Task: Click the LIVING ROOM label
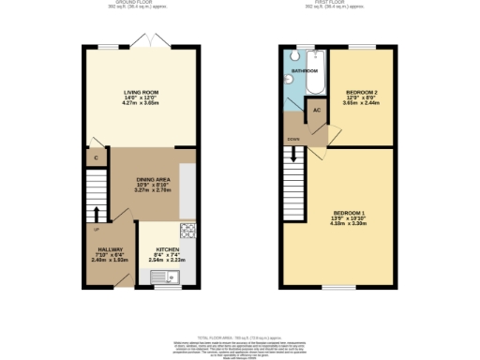pos(142,91)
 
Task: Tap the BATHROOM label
pos(303,70)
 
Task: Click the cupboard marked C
pos(97,157)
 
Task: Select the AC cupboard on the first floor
pos(317,110)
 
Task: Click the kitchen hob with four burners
pos(187,229)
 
